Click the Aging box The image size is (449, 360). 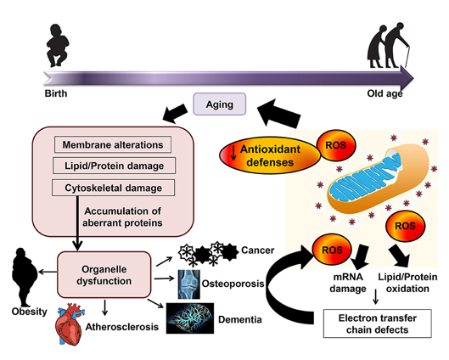(220, 104)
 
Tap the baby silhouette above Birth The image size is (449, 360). (58, 45)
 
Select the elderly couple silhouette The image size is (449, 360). (388, 45)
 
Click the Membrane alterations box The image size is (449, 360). (113, 144)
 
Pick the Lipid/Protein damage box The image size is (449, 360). (114, 166)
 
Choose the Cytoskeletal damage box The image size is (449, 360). (114, 188)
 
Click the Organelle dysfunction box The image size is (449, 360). (104, 275)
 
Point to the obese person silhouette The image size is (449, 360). (25, 278)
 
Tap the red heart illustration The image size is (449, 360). (70, 324)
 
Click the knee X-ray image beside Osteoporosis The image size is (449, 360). (189, 284)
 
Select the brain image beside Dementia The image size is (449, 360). (190, 318)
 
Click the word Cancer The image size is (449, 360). (258, 250)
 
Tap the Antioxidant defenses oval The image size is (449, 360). (270, 155)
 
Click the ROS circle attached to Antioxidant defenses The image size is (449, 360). (336, 145)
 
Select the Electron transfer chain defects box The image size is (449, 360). (378, 323)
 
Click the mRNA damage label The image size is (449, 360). (348, 283)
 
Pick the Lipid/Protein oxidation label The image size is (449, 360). (407, 283)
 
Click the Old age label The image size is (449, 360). (384, 93)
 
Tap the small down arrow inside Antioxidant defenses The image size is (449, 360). (233, 152)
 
